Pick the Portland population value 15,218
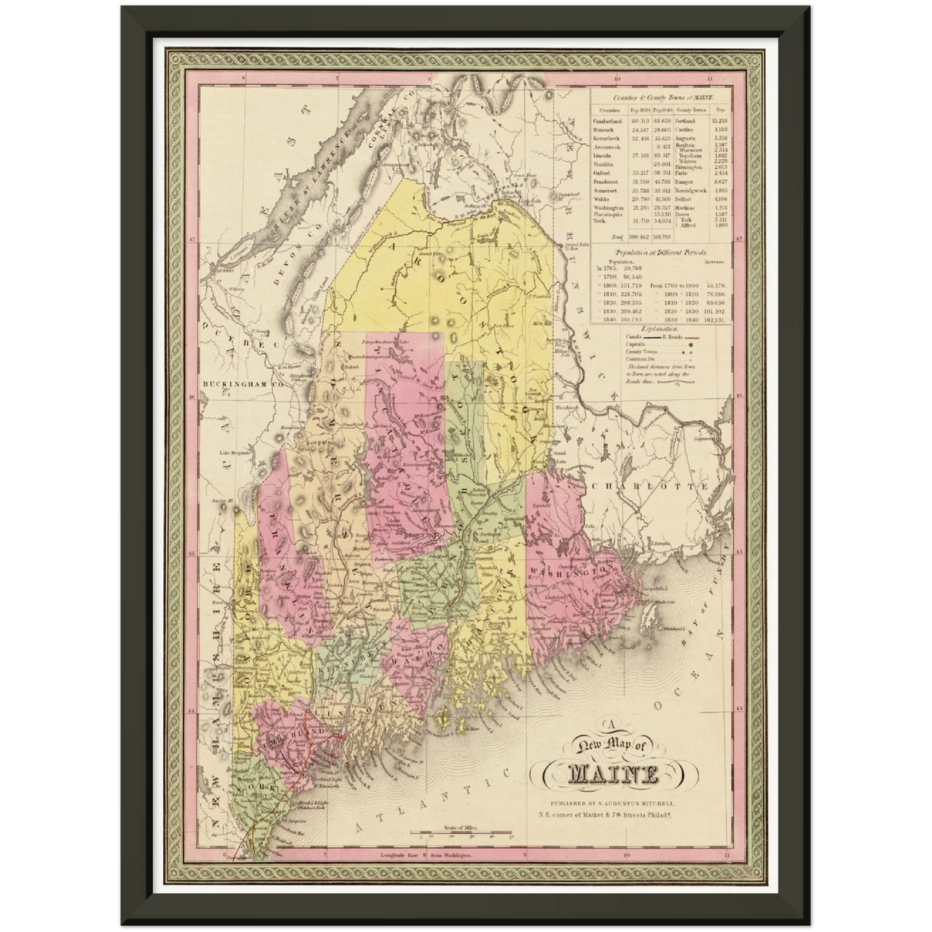(719, 121)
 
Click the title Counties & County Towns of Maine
(659, 96)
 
